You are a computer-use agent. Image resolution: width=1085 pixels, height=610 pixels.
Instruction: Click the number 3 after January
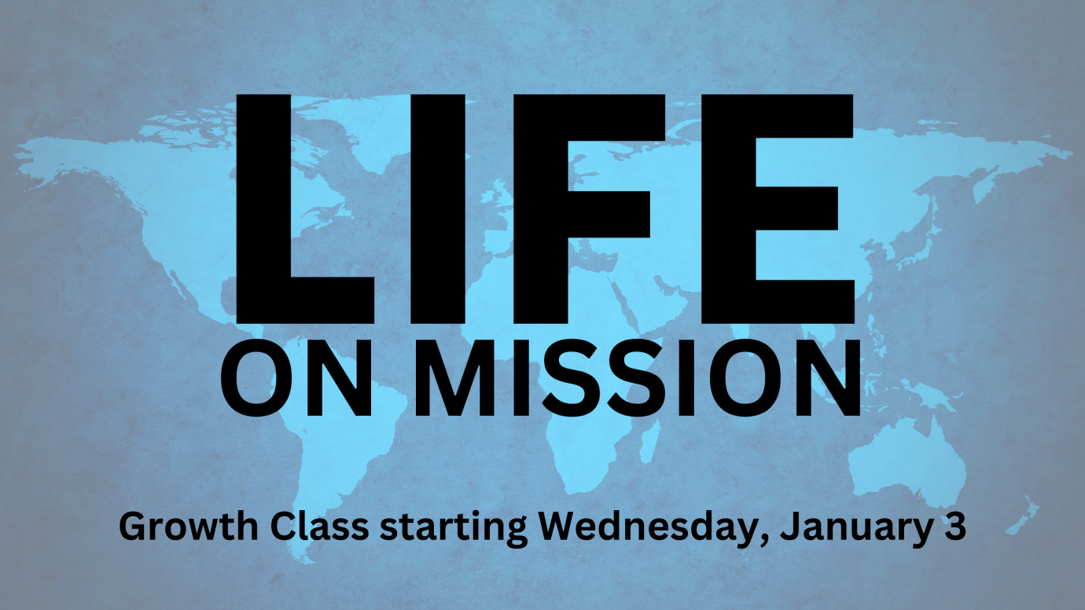tap(954, 525)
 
